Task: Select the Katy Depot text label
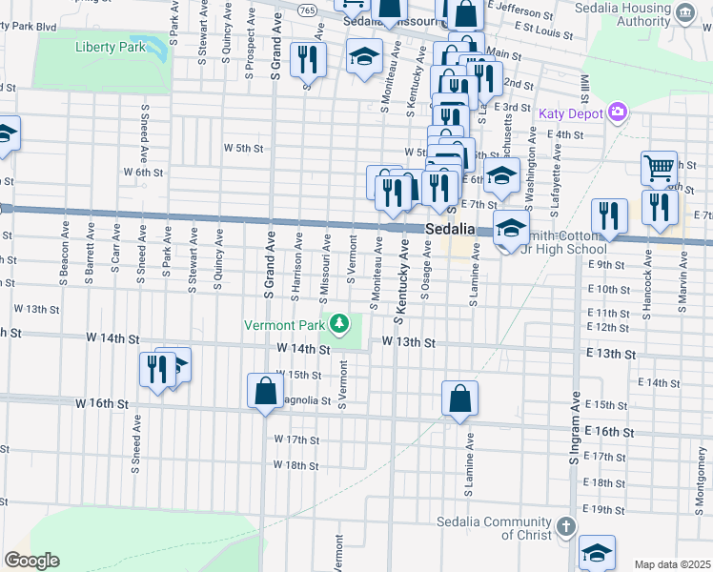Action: [x=571, y=114]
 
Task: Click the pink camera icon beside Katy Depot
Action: [x=618, y=113]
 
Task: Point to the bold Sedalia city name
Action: [x=450, y=230]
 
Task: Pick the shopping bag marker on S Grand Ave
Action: [x=264, y=391]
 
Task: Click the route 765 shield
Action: [x=307, y=9]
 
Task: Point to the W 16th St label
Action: [x=101, y=404]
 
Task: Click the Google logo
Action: [x=31, y=560]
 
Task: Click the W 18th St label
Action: [x=295, y=465]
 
